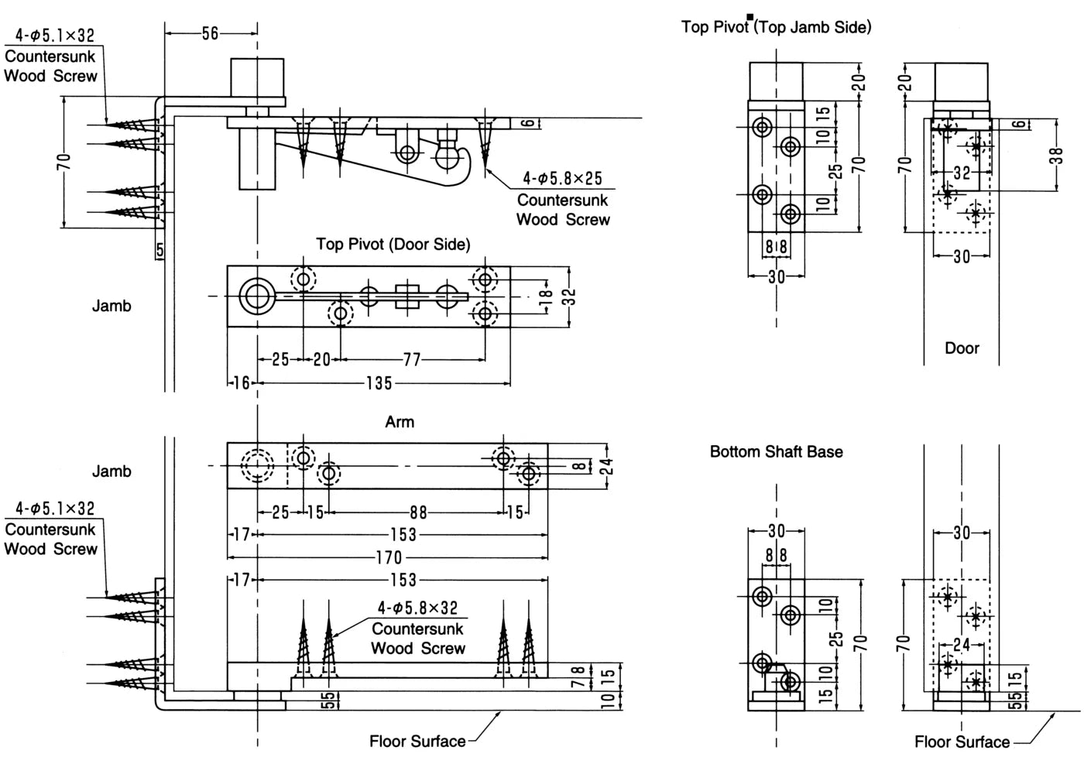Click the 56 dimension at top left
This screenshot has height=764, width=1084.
[x=210, y=34]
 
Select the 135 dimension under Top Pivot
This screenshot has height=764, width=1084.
[x=379, y=383]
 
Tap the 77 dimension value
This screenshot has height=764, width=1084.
[x=412, y=359]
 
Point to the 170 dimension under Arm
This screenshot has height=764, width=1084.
[x=389, y=557]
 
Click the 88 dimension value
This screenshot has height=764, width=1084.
[x=418, y=512]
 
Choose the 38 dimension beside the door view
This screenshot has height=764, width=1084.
[x=1058, y=156]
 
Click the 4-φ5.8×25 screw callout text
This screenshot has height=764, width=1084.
[x=562, y=179]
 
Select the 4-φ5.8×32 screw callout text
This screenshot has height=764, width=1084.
[x=417, y=608]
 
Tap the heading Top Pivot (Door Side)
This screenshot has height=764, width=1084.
[x=393, y=245]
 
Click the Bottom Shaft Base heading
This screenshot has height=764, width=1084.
[x=776, y=451]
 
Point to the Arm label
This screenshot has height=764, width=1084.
[x=400, y=422]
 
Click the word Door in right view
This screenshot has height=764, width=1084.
[x=962, y=348]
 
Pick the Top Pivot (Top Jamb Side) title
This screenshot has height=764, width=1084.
[x=776, y=27]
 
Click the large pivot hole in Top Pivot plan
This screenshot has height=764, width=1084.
[x=257, y=296]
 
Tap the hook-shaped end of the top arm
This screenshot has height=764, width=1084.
[x=461, y=167]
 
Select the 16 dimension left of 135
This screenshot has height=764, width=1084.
[x=241, y=383]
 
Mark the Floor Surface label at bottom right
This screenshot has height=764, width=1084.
[x=962, y=742]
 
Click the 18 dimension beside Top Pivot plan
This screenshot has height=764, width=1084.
[x=545, y=296]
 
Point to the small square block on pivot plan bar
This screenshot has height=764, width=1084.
[x=407, y=296]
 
